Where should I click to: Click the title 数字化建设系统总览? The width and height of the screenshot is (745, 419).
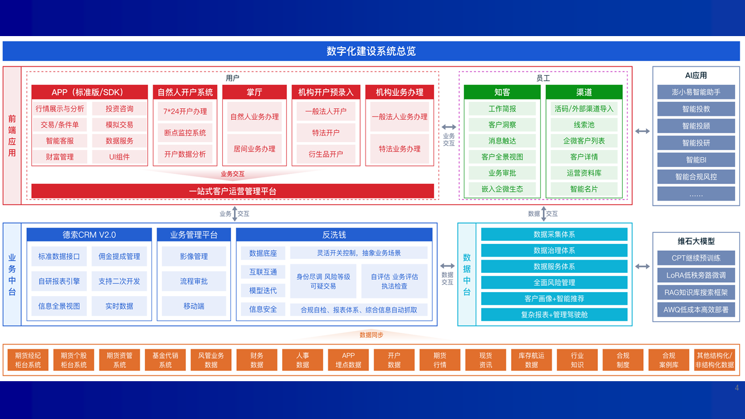click(371, 51)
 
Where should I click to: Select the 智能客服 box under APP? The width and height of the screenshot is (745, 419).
click(60, 141)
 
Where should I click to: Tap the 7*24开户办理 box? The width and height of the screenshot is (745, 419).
click(185, 111)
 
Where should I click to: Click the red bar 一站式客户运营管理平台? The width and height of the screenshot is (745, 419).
click(232, 191)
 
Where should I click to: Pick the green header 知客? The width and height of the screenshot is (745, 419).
click(502, 92)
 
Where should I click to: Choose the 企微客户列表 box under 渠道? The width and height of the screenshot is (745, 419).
click(584, 141)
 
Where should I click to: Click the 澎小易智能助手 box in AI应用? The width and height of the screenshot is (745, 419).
click(696, 92)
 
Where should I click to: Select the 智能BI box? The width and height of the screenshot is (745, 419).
click(696, 160)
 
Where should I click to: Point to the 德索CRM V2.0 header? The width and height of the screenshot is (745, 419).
click(89, 235)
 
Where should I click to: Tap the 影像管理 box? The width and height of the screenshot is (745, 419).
click(194, 257)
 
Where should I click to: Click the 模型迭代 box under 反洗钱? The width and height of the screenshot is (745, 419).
click(263, 290)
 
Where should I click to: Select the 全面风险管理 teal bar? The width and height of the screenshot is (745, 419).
click(555, 283)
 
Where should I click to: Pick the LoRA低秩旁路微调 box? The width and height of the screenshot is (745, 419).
click(696, 275)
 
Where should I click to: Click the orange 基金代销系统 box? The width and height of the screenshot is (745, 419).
click(165, 360)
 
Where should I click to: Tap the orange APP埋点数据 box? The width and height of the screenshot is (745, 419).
click(348, 360)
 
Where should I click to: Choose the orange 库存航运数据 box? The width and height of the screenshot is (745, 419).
click(531, 360)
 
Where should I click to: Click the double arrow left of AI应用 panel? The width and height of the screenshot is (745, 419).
click(642, 132)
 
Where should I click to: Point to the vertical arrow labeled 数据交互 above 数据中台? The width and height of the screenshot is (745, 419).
click(544, 214)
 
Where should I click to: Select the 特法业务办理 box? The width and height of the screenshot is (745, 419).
click(400, 149)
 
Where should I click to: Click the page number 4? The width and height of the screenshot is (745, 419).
click(737, 388)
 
